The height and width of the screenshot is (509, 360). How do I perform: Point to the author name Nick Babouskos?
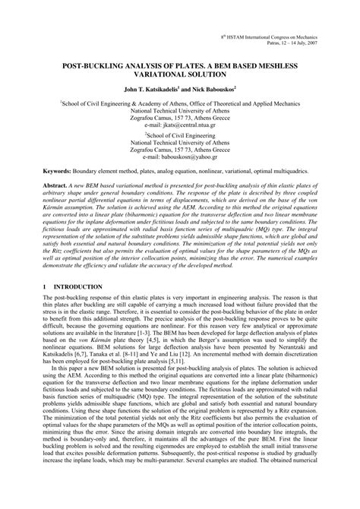click(x=213, y=90)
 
